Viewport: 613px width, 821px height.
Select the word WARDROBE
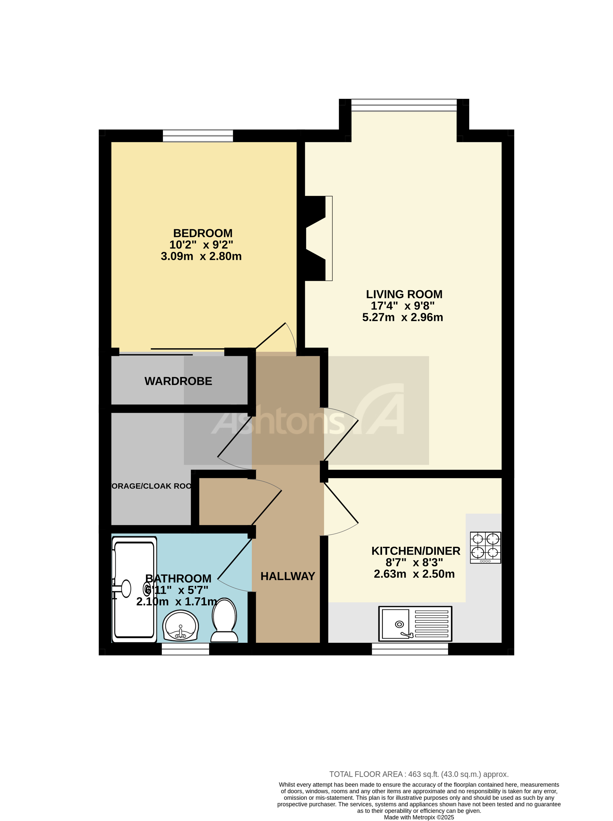[x=178, y=381]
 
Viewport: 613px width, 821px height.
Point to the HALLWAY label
[x=288, y=576]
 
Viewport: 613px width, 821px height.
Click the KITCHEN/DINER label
[x=416, y=551]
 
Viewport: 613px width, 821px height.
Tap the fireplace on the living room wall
[x=319, y=238]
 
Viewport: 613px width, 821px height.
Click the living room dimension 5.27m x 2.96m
[x=403, y=317]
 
